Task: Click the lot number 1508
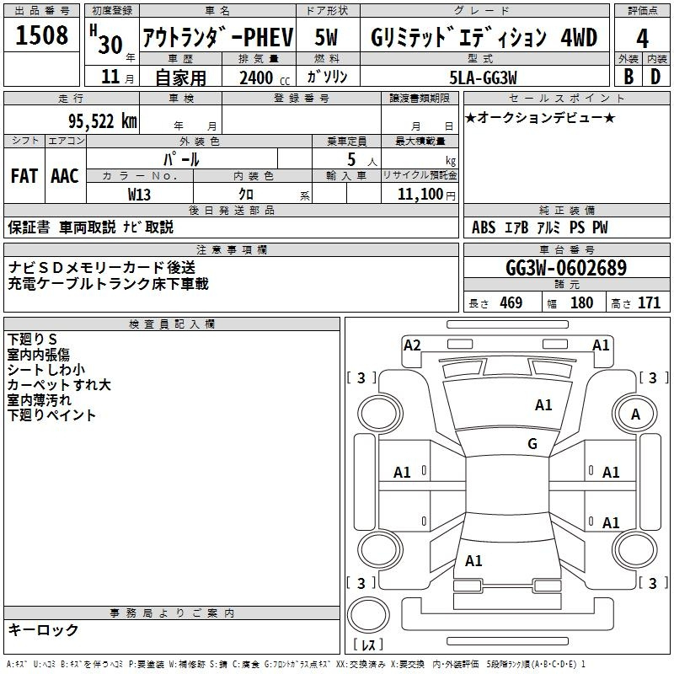click(43, 35)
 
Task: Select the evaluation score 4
click(643, 39)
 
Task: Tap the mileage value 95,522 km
click(102, 120)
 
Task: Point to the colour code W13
click(139, 194)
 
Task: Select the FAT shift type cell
click(24, 176)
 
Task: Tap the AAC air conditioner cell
click(65, 176)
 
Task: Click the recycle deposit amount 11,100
click(419, 194)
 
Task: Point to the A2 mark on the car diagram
click(412, 345)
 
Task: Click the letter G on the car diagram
click(532, 444)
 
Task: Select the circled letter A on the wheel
click(636, 414)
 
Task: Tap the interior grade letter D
click(655, 76)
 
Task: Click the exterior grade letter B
click(629, 76)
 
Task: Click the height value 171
click(649, 303)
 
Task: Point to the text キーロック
click(43, 629)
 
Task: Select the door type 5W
click(329, 38)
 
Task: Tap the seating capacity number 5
click(350, 159)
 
